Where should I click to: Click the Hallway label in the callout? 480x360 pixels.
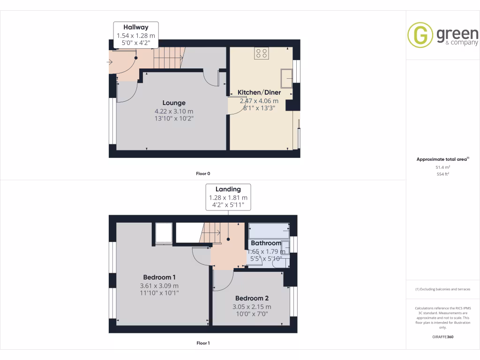click(136, 27)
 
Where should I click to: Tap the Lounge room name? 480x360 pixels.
click(174, 103)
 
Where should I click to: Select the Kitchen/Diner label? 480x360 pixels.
click(259, 92)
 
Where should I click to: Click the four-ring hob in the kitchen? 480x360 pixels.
click(262, 53)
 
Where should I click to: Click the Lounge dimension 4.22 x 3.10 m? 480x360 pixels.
click(174, 111)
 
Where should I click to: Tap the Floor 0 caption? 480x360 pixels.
click(203, 173)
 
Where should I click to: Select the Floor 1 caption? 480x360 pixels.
click(203, 343)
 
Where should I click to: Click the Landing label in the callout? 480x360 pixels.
click(228, 189)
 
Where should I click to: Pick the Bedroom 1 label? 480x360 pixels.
click(159, 277)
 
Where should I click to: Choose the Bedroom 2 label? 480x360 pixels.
click(252, 298)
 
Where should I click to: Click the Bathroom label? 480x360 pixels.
click(266, 243)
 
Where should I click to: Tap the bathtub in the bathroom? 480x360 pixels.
click(268, 231)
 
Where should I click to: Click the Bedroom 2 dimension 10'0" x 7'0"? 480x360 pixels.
click(252, 315)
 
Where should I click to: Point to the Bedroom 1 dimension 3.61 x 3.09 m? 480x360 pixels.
click(159, 285)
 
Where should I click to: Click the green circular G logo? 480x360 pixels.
click(420, 35)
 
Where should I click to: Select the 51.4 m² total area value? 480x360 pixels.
click(442, 167)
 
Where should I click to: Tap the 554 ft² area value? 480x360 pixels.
click(442, 174)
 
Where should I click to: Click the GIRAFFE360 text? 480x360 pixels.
click(442, 337)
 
